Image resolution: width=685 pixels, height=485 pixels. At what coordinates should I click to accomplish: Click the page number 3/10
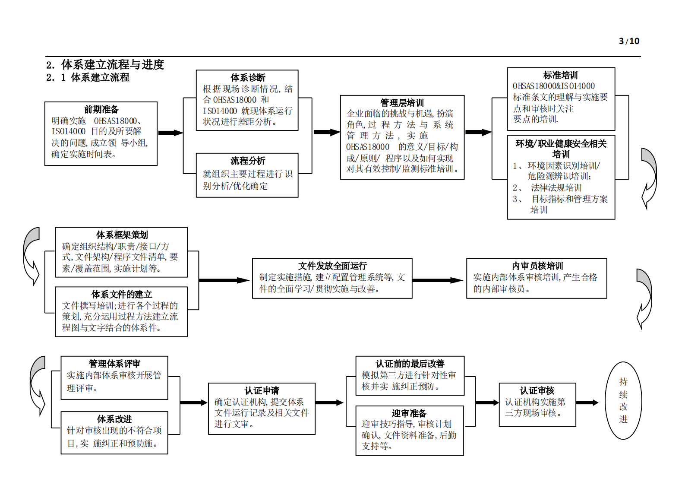coord(629,41)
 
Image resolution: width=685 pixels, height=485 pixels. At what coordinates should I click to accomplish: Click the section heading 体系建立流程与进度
coord(112,65)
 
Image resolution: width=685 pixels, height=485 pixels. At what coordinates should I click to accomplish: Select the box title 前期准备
coord(101,109)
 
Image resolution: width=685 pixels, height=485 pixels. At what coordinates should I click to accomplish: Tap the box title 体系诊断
coord(248,78)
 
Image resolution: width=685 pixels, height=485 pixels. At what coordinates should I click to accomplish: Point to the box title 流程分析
coord(248,161)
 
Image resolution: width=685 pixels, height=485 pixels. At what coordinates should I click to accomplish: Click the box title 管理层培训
coord(402,103)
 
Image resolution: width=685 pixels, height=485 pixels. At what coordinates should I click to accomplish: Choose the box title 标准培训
coord(560,75)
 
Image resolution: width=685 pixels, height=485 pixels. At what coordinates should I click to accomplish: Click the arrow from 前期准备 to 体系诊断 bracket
coord(170,133)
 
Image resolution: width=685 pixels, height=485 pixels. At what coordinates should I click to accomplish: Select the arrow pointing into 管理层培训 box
coord(327,132)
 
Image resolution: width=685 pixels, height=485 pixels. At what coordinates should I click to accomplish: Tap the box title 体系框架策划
coord(122,235)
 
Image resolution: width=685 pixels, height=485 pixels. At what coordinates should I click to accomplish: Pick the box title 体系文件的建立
coord(122,295)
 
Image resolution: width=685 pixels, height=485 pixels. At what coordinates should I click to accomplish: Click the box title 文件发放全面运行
coord(332,266)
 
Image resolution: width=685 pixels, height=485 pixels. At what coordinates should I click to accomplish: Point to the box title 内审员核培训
coord(537,266)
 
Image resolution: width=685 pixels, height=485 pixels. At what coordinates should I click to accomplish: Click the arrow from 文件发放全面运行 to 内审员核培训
coord(437,280)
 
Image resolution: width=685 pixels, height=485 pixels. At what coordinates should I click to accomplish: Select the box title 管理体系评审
coord(114,364)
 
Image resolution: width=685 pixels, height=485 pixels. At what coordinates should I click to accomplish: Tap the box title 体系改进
coord(114,419)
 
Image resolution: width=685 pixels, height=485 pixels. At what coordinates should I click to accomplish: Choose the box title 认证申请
coord(262,391)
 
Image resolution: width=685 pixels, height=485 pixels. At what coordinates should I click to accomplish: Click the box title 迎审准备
coord(409,413)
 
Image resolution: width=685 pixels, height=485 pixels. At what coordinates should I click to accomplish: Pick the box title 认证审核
coord(537,391)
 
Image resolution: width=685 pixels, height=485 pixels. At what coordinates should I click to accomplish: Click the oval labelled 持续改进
coord(623,400)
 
